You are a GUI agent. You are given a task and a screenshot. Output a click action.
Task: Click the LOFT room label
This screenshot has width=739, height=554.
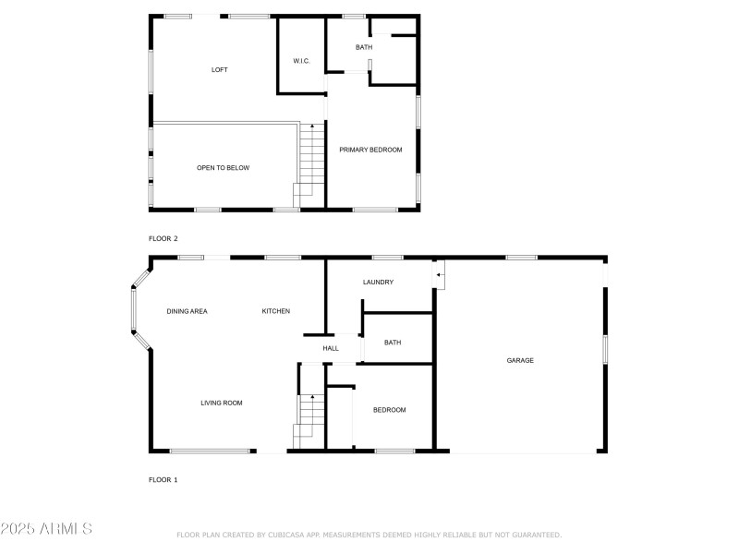[219, 70]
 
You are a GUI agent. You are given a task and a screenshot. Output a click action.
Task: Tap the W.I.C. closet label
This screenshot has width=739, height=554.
[301, 61]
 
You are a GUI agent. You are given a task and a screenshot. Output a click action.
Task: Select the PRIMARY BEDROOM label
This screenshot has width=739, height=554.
[370, 150]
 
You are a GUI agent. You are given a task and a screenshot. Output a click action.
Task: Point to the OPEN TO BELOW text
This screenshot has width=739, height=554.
[223, 168]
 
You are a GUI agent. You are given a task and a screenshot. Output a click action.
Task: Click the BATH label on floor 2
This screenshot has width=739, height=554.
[364, 47]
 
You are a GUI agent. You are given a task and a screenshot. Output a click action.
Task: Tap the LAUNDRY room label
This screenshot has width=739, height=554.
[379, 283]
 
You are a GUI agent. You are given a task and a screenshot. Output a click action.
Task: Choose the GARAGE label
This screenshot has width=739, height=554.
[520, 360]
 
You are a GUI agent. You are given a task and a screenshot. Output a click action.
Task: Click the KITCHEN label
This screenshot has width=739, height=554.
[276, 311]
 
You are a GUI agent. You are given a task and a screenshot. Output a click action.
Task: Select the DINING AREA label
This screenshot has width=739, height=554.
[187, 311]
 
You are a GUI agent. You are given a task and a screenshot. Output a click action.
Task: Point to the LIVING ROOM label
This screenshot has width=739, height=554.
[222, 403]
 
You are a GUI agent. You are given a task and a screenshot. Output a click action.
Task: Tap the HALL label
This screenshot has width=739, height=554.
[331, 349]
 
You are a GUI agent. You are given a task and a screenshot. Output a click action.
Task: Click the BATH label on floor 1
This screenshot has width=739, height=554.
[393, 343]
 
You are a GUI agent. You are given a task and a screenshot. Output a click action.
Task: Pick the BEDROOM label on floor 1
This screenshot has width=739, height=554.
[389, 410]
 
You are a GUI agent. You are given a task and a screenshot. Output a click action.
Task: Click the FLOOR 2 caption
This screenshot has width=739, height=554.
[164, 238]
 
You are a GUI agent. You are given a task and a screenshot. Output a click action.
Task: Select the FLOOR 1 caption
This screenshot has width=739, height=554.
[164, 480]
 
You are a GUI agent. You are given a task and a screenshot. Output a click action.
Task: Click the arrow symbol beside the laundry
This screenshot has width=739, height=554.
[440, 274]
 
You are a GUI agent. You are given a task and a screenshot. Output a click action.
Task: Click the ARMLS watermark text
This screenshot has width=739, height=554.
[46, 529]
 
